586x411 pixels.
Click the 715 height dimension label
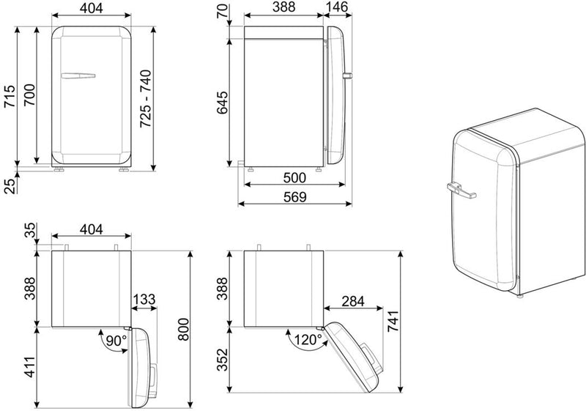click(10, 97)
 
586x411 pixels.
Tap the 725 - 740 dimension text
click(145, 99)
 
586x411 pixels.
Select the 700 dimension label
click(29, 95)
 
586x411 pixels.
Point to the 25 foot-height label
click(11, 185)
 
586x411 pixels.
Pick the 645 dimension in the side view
click(223, 103)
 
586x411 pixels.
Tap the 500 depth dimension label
click(294, 177)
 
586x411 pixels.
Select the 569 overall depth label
click(295, 197)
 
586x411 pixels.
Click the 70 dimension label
click(222, 11)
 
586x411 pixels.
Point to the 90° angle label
click(116, 341)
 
